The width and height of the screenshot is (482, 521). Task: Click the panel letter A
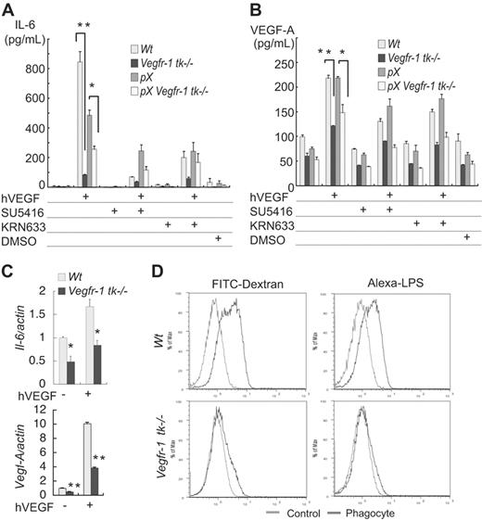click(x=8, y=8)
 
